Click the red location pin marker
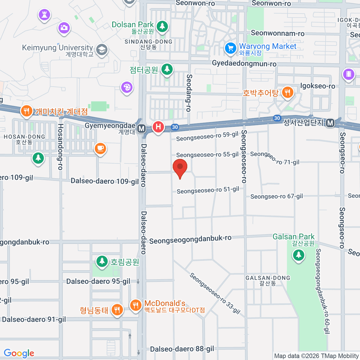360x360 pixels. click(180, 167)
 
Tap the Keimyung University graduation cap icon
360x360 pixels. click(102, 50)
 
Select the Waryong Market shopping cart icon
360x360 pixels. click(230, 48)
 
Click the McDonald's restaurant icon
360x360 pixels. click(136, 305)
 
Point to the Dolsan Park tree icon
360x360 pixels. click(162, 26)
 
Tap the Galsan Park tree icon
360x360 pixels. click(298, 255)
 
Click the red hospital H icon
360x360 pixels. click(158, 127)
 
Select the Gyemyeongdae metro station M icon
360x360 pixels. click(141, 129)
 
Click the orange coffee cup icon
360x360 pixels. click(100, 148)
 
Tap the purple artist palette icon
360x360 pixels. click(127, 88)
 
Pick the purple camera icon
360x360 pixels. click(64, 28)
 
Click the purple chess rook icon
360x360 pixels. click(44, 14)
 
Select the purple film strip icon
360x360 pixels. click(349, 73)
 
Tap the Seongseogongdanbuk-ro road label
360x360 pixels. click(190, 239)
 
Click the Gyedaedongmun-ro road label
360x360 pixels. click(244, 64)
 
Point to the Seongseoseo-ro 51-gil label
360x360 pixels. click(208, 190)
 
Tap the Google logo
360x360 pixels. click(19, 353)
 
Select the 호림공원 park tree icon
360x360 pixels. click(102, 261)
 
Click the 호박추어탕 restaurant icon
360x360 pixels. click(287, 92)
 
